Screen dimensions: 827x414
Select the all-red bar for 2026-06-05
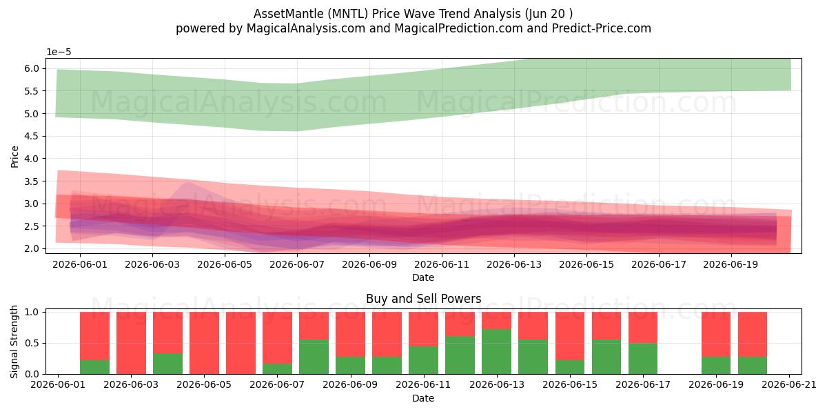(x=204, y=343)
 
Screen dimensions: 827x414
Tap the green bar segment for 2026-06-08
(x=314, y=357)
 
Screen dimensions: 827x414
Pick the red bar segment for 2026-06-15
(x=570, y=335)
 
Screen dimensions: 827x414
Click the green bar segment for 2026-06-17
(x=643, y=359)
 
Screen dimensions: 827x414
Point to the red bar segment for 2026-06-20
(x=753, y=334)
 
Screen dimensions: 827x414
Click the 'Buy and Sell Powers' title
(x=423, y=299)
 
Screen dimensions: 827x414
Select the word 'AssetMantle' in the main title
(x=289, y=14)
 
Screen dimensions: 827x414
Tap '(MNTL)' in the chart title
(x=348, y=14)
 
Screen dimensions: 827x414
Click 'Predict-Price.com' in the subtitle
(x=602, y=28)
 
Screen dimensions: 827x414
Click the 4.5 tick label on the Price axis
(x=32, y=136)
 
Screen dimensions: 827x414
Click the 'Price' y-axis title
(x=14, y=157)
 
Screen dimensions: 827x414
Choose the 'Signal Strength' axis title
(x=14, y=342)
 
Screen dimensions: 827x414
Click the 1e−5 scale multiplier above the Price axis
(x=59, y=52)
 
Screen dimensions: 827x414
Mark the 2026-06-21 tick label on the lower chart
(x=789, y=384)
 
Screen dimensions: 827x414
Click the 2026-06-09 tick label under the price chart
(x=369, y=265)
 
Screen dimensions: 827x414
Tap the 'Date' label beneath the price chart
(x=423, y=277)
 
